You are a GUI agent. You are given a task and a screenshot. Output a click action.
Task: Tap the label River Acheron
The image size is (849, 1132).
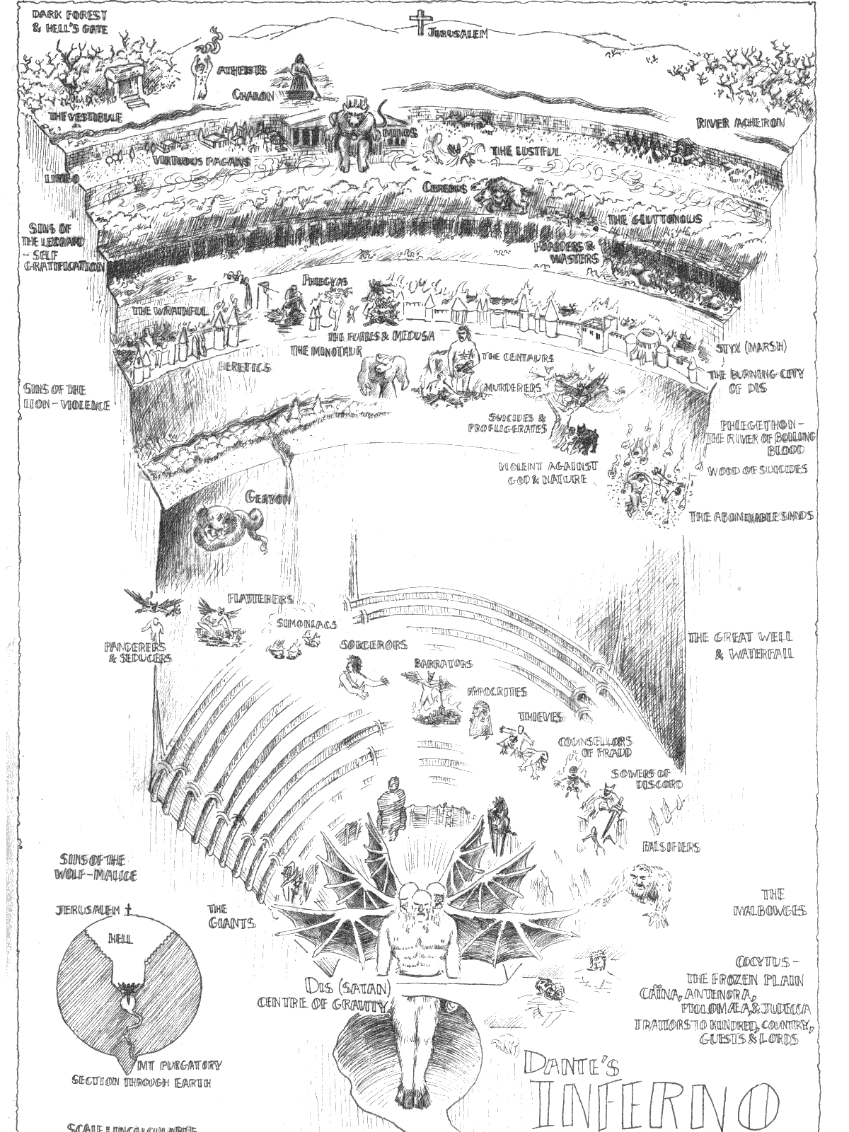pyautogui.click(x=741, y=123)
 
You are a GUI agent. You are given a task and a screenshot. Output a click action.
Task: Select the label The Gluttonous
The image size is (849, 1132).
pyautogui.click(x=655, y=219)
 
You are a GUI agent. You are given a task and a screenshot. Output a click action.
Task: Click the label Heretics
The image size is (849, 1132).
pyautogui.click(x=245, y=368)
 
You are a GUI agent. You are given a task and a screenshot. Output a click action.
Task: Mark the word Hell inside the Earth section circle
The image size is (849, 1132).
pyautogui.click(x=120, y=938)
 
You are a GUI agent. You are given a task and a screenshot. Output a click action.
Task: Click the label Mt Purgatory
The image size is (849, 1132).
pyautogui.click(x=180, y=1065)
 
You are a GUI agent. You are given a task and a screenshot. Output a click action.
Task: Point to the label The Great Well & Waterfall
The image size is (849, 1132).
pyautogui.click(x=741, y=645)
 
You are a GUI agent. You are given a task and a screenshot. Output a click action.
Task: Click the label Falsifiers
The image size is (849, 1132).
pyautogui.click(x=671, y=847)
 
